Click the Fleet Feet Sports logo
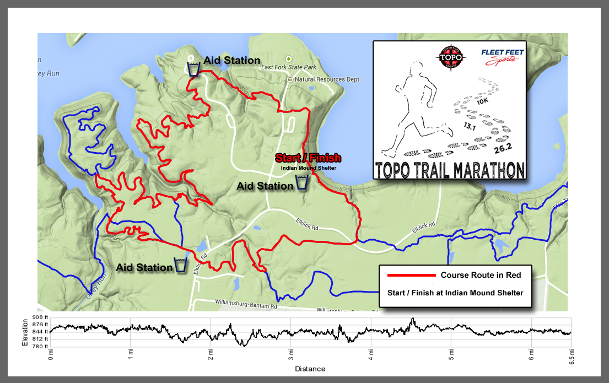(503, 57)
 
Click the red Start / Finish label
(308, 158)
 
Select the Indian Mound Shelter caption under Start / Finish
(308, 168)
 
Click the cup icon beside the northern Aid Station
(193, 69)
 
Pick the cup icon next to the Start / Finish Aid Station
(302, 183)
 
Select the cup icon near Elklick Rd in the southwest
(181, 265)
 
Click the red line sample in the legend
(411, 275)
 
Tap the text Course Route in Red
(481, 275)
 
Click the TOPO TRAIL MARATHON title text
(449, 170)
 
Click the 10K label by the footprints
(482, 101)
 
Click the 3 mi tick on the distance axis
(290, 353)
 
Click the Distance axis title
(310, 369)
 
